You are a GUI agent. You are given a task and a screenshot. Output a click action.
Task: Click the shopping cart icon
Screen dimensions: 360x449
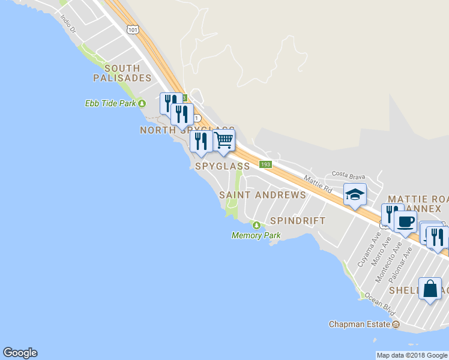point(224,141)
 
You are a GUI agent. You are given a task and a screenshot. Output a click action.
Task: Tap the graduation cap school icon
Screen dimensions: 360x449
point(355,194)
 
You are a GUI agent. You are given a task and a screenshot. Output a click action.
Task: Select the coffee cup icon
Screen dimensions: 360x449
point(405,222)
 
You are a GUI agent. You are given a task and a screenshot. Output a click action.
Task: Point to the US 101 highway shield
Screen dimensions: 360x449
point(133,29)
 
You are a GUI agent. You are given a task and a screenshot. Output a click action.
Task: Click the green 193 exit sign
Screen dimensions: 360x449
point(266,164)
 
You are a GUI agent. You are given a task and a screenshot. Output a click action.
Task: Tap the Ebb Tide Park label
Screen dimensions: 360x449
point(110,103)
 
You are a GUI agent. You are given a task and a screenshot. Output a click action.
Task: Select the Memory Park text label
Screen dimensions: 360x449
point(256,235)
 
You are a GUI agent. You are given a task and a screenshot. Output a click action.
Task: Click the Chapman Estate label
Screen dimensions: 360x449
point(360,324)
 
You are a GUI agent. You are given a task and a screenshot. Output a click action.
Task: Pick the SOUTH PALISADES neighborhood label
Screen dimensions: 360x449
point(122,73)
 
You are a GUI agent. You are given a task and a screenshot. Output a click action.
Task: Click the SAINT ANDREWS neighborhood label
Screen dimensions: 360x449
point(262,195)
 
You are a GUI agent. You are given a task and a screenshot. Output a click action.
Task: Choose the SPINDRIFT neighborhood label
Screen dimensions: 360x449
point(297,220)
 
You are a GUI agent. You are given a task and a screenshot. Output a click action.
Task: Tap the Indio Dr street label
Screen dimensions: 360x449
point(68,24)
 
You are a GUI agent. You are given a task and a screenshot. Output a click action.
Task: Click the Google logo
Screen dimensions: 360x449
point(20,353)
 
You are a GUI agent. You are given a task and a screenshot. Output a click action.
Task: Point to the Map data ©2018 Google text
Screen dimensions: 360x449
point(412,355)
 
